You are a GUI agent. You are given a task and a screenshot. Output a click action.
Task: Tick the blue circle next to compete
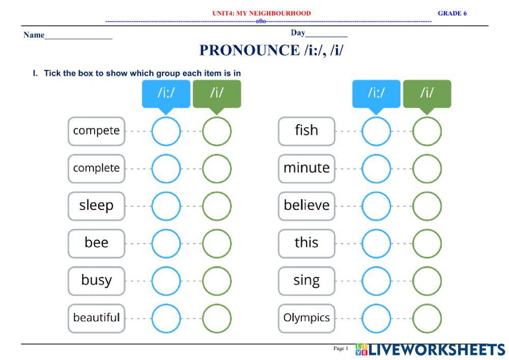(x=166, y=131)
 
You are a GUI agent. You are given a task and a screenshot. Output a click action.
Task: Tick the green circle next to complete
(x=216, y=169)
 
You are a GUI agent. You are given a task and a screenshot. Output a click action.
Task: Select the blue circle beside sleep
(x=166, y=206)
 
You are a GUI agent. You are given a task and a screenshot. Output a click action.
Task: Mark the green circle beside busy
(x=216, y=281)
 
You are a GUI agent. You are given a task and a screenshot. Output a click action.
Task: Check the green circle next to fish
(x=427, y=131)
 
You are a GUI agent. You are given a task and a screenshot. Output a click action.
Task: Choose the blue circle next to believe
(x=376, y=206)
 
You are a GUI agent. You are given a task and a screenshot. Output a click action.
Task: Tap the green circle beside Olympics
(x=427, y=318)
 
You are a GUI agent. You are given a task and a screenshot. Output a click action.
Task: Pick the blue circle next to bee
(x=166, y=243)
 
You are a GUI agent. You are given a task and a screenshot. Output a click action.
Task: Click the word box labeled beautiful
(x=96, y=318)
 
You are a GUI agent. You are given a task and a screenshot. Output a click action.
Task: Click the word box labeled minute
(x=306, y=169)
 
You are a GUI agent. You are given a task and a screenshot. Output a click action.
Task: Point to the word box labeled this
(x=306, y=243)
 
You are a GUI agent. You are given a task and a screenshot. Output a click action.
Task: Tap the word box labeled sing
(x=306, y=281)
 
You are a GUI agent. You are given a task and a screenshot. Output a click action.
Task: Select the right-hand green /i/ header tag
(x=427, y=94)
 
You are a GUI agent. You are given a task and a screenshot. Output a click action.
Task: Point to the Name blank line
(x=78, y=37)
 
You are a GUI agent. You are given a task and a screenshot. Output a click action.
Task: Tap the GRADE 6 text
(x=452, y=13)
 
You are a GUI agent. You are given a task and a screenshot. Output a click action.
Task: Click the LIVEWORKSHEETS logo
(x=430, y=350)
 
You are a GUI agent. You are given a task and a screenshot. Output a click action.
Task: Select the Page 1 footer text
(x=341, y=349)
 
